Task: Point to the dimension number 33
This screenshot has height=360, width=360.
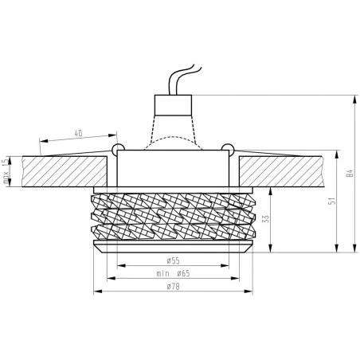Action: point(266,220)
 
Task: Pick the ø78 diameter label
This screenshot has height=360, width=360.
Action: point(173,288)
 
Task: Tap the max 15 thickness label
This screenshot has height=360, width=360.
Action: point(6,168)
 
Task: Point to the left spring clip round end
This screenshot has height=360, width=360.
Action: point(116,149)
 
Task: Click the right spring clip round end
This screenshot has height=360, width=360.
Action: point(229,149)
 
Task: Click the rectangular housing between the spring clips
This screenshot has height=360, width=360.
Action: point(173,167)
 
